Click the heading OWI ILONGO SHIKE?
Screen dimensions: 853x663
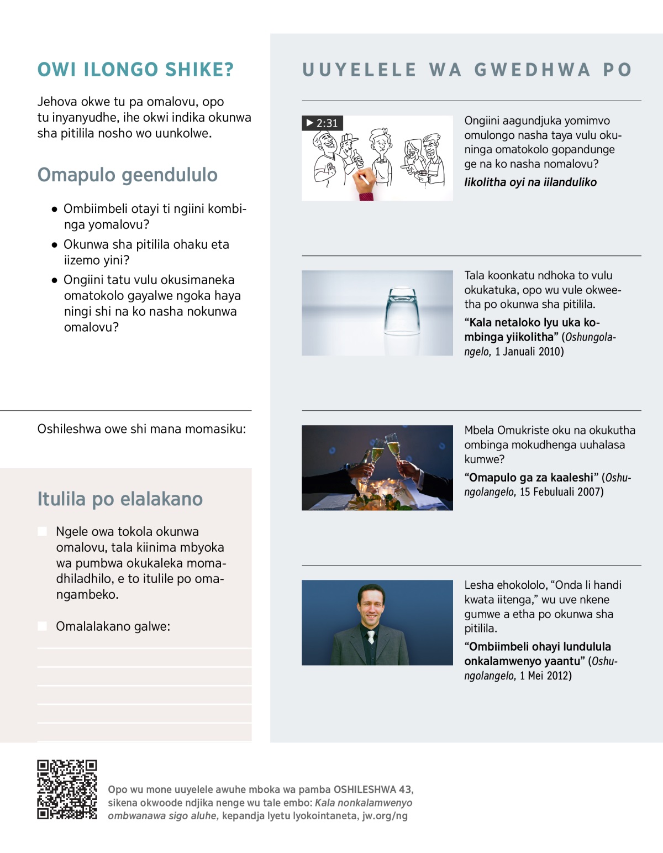135,70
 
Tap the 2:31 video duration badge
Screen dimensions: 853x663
322,123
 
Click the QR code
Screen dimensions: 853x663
67,789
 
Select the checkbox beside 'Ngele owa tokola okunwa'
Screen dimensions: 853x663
42,531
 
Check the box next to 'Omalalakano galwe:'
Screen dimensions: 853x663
42,626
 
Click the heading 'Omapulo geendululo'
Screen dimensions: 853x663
127,175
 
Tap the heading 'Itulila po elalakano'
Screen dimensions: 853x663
120,499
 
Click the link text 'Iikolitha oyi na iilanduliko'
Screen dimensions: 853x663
530,182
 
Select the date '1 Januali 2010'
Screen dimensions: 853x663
529,352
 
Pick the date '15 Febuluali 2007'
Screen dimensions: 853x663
561,492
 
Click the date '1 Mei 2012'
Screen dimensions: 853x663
545,676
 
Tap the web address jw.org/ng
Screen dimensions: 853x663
385,816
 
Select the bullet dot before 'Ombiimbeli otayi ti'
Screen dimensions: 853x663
54,210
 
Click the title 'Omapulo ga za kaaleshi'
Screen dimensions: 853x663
531,478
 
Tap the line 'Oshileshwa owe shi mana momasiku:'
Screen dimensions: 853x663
141,429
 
